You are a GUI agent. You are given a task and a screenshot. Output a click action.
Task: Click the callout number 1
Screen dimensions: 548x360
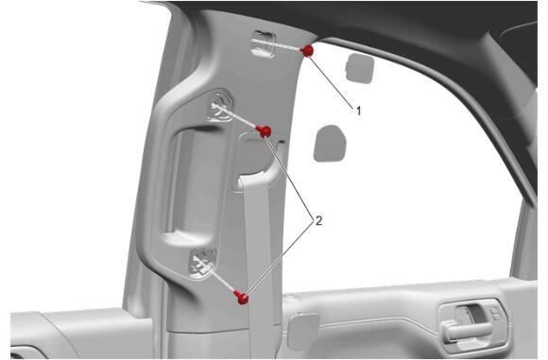pyautogui.click(x=358, y=111)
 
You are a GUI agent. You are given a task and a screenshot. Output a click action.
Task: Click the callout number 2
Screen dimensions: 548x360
pyautogui.click(x=318, y=220)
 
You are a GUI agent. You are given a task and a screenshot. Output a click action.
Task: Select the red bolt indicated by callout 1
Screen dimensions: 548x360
pyautogui.click(x=308, y=51)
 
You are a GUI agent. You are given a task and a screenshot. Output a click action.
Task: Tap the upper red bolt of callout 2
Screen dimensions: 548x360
pyautogui.click(x=265, y=131)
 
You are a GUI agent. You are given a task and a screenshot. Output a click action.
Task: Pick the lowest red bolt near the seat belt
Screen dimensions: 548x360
pyautogui.click(x=241, y=298)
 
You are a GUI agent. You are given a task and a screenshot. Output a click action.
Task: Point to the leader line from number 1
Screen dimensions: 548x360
pyautogui.click(x=332, y=81)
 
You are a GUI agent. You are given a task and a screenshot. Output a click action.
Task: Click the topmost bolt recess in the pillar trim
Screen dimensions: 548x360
pyautogui.click(x=264, y=43)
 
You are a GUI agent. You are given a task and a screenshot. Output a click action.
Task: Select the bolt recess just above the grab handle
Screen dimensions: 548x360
pyautogui.click(x=221, y=106)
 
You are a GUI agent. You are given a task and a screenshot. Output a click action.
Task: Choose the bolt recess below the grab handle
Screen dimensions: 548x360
pyautogui.click(x=202, y=264)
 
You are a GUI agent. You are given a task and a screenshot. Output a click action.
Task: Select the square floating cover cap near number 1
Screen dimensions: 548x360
pyautogui.click(x=360, y=69)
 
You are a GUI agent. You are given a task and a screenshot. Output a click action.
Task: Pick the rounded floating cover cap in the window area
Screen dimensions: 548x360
pyautogui.click(x=330, y=144)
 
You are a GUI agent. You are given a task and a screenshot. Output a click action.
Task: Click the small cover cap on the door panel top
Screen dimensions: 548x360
pyautogui.click(x=303, y=332)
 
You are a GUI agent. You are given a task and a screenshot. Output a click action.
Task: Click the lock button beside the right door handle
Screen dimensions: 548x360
pyautogui.click(x=495, y=314)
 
